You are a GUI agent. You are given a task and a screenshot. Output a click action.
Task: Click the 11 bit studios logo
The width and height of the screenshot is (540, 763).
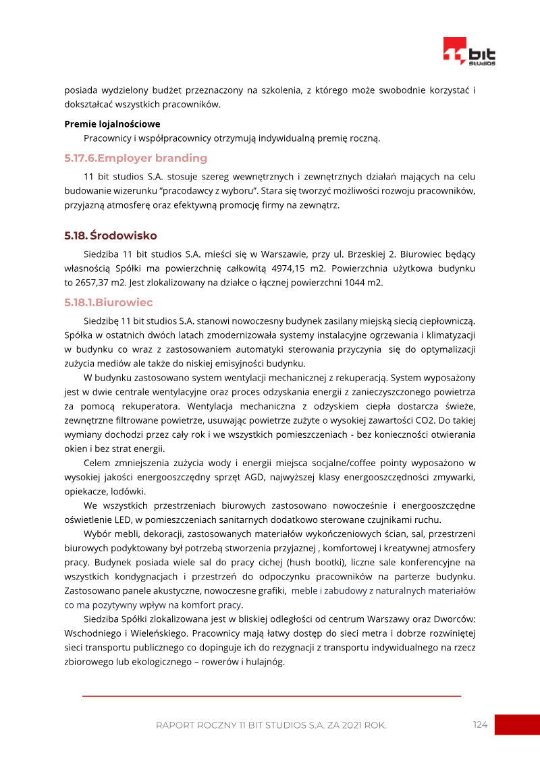tap(469, 51)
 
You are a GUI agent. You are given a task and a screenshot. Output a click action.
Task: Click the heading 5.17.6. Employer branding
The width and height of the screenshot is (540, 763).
tap(136, 159)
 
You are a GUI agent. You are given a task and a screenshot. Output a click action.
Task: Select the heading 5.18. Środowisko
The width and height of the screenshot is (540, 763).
tap(111, 236)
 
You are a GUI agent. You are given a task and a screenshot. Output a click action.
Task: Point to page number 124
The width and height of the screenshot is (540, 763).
tap(480, 725)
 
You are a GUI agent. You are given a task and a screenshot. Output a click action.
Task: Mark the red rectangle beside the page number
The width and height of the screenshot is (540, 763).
tap(517, 725)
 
